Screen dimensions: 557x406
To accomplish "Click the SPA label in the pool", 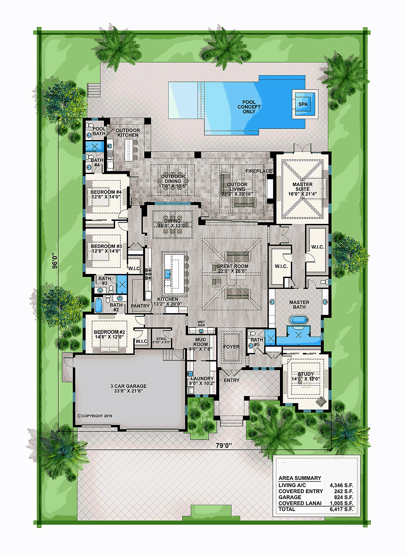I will (303, 104).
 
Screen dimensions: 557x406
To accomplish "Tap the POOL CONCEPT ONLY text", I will (249, 107).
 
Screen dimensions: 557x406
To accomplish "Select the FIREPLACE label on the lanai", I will (259, 171).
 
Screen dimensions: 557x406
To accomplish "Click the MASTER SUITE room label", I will (302, 187).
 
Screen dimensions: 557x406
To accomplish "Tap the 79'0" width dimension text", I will (224, 446).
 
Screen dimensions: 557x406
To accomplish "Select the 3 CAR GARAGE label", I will (129, 386).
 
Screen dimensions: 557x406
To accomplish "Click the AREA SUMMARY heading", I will (300, 478).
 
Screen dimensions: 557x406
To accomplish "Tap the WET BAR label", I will (201, 324).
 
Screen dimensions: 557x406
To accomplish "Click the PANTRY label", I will (140, 306).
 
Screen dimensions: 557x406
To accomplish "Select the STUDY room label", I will (306, 374).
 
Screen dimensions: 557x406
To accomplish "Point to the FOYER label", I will (231, 347).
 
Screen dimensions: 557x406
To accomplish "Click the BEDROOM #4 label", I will (106, 192).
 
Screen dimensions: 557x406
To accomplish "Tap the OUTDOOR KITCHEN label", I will (128, 133).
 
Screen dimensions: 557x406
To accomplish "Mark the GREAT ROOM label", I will (232, 266).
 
